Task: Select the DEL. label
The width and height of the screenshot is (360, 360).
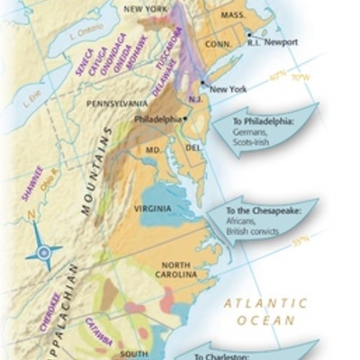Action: click(x=193, y=147)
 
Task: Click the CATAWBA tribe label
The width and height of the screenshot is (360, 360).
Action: click(x=99, y=331)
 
